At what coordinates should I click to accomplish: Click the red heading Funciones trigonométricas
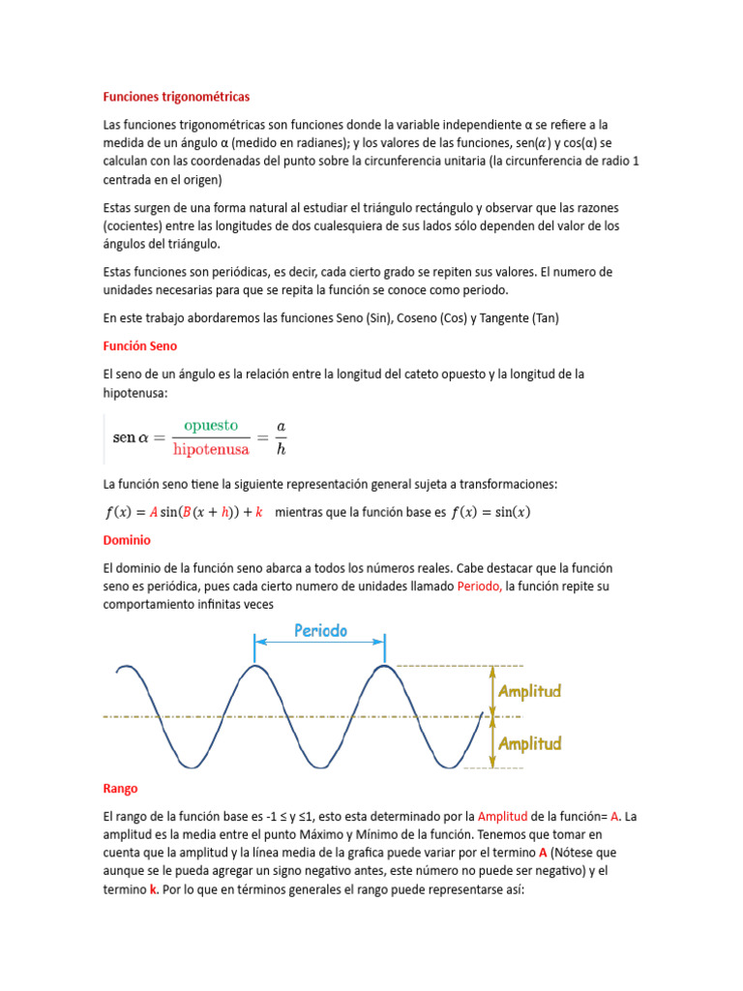176,97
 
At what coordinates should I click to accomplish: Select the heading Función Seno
139,345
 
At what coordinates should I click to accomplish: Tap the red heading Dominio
127,539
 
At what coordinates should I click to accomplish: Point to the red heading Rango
120,789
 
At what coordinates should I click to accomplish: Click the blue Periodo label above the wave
320,631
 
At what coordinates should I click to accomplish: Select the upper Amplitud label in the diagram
529,692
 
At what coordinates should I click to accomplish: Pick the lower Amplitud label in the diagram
529,743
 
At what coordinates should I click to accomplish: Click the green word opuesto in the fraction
211,425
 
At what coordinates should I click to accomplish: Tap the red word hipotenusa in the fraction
211,448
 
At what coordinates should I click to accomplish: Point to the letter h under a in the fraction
281,448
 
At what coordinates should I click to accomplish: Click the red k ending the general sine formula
259,512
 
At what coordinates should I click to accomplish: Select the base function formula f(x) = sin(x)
490,512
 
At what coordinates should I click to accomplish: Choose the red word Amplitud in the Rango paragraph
502,816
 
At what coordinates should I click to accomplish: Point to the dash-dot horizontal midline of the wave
290,717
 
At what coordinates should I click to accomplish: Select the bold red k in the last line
153,889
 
